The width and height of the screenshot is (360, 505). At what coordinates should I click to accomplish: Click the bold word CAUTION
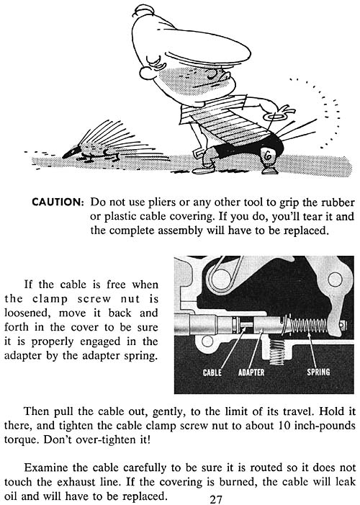pyautogui.click(x=58, y=202)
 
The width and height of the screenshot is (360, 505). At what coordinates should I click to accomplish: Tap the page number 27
pyautogui.click(x=216, y=499)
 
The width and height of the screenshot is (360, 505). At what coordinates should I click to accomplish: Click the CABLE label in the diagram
pyautogui.click(x=212, y=372)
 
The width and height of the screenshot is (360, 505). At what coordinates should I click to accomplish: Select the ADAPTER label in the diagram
pyautogui.click(x=251, y=372)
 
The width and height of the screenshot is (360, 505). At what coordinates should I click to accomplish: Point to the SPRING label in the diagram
pyautogui.click(x=318, y=372)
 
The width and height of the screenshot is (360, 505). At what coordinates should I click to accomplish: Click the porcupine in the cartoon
pyautogui.click(x=107, y=145)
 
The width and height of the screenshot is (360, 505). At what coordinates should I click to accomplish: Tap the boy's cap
pyautogui.click(x=190, y=39)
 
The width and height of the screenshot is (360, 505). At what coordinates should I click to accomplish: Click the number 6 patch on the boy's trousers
pyautogui.click(x=268, y=156)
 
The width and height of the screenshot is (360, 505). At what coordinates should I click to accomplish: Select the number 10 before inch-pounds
pyautogui.click(x=284, y=426)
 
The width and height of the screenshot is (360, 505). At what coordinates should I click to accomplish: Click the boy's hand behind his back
pyautogui.click(x=279, y=113)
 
